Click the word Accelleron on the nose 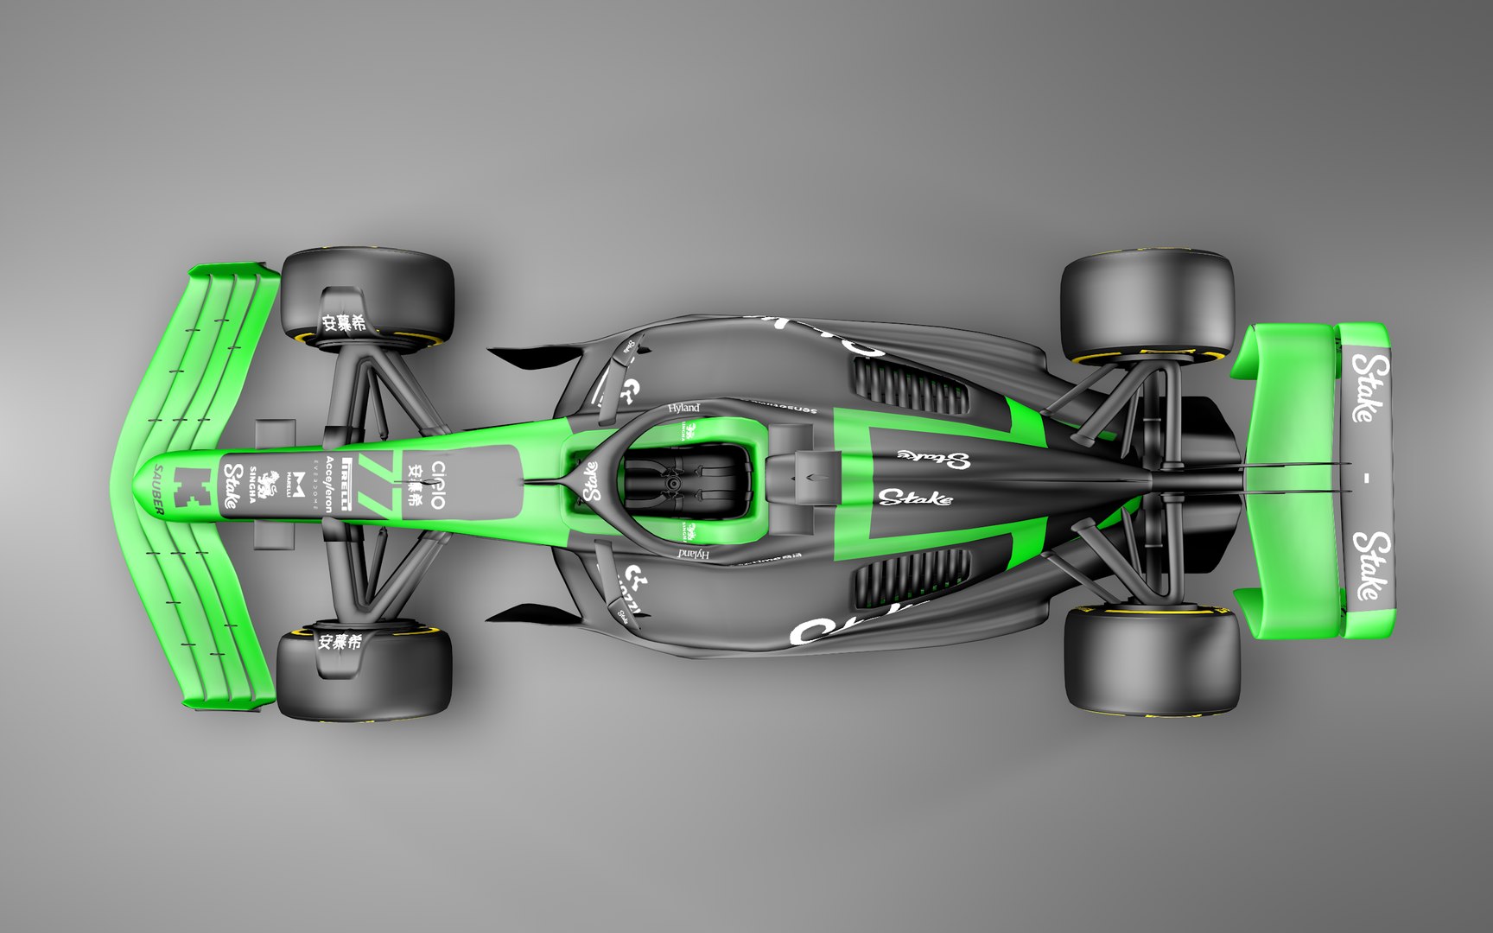pyautogui.click(x=329, y=485)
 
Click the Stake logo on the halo pyautogui.click(x=592, y=481)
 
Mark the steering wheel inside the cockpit pyautogui.click(x=671, y=485)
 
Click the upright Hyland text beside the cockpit pyautogui.click(x=683, y=408)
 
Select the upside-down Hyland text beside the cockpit pyautogui.click(x=694, y=554)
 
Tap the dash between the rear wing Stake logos pyautogui.click(x=1367, y=478)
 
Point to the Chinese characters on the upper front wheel pyautogui.click(x=343, y=323)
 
